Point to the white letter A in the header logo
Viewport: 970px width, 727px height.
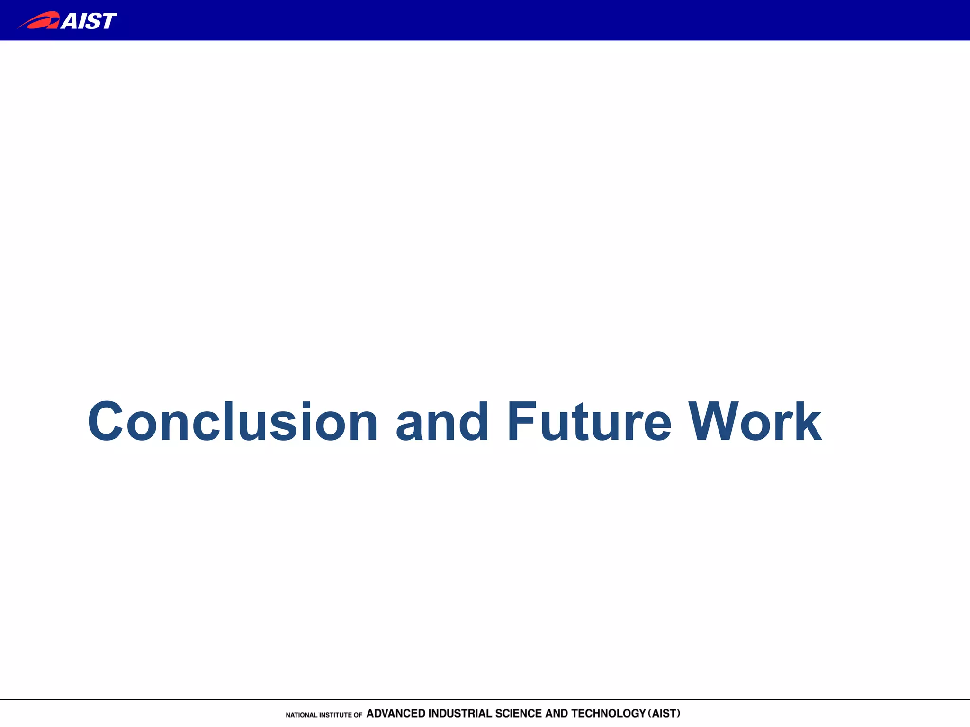71,21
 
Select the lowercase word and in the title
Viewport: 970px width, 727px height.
441,421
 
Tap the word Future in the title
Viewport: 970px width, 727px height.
589,421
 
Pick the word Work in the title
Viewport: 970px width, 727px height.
754,421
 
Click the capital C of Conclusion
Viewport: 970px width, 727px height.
105,421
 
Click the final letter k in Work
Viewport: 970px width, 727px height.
807,421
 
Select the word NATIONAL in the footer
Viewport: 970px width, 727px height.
301,715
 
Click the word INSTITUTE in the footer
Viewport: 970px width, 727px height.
335,715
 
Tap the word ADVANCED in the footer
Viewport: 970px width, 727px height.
395,713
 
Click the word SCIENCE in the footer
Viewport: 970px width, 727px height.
518,713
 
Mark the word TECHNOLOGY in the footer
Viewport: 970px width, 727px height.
608,713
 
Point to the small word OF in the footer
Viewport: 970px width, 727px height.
358,715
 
